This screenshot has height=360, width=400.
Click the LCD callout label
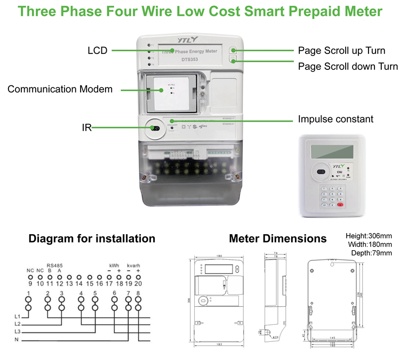tap(98, 51)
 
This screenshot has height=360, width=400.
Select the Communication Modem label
tap(60, 89)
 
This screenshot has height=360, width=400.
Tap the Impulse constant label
tap(335, 119)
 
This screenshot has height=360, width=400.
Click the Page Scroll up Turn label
tap(341, 51)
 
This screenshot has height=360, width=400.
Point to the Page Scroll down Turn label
tap(347, 66)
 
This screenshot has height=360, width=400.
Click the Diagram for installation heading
tap(92, 238)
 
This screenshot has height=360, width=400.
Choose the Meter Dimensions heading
tap(277, 238)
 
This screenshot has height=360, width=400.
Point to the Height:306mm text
tap(369, 236)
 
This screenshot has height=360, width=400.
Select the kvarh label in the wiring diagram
tap(133, 265)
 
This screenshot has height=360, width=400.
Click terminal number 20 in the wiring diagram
tap(139, 284)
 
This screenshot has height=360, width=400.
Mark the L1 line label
tap(17, 316)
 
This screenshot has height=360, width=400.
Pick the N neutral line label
tap(17, 340)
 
